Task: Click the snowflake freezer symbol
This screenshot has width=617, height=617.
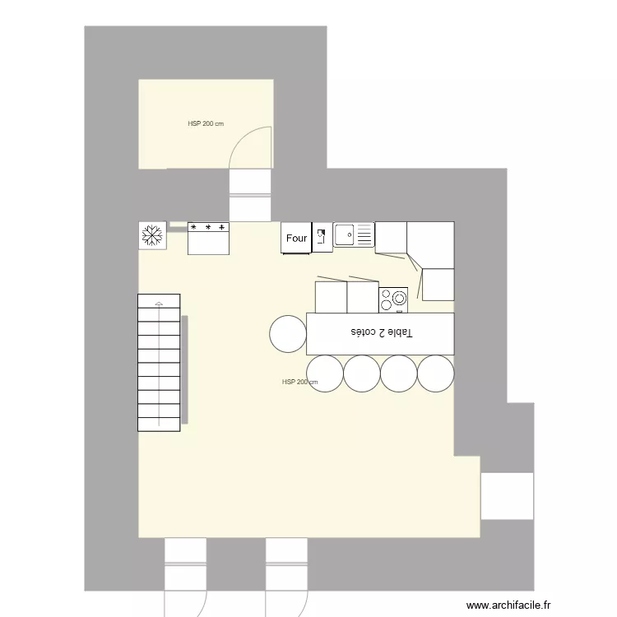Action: pos(152,235)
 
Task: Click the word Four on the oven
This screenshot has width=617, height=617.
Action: pos(296,239)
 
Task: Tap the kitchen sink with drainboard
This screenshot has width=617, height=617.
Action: pos(354,235)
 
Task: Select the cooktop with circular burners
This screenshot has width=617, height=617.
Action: pos(393,299)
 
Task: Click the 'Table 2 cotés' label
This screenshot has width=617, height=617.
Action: pos(382,332)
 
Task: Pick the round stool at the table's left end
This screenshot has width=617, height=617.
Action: pos(288,333)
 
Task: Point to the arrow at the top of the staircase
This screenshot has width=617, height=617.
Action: pos(159,303)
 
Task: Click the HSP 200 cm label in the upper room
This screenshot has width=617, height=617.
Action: pos(206,124)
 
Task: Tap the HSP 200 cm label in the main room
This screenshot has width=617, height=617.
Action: pos(299,383)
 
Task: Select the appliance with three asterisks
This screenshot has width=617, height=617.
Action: pos(208,238)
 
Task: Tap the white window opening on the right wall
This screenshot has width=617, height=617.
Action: pos(508,496)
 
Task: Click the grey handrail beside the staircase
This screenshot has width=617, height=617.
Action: pos(184,370)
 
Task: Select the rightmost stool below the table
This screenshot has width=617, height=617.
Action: pos(435,373)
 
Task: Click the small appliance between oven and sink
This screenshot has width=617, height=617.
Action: pos(322,237)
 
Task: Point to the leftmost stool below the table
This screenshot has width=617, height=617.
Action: pos(324,373)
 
